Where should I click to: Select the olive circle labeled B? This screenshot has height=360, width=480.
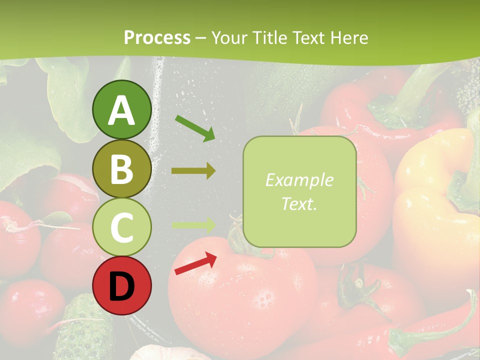click(x=121, y=169)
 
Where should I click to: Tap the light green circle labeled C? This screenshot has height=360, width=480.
click(x=121, y=227)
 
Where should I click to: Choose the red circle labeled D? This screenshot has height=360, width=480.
click(x=121, y=285)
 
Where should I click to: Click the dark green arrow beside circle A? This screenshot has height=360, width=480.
click(x=195, y=128)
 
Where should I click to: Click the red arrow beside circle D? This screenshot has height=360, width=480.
click(x=195, y=264)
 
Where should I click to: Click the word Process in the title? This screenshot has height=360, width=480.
click(x=157, y=38)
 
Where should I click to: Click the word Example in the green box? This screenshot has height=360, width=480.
click(x=299, y=180)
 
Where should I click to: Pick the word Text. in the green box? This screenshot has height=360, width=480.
click(x=299, y=203)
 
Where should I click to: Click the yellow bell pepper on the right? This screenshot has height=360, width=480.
click(x=435, y=200)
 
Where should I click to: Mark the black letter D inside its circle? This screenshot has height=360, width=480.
click(x=121, y=286)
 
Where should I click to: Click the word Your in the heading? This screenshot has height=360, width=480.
click(x=229, y=38)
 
